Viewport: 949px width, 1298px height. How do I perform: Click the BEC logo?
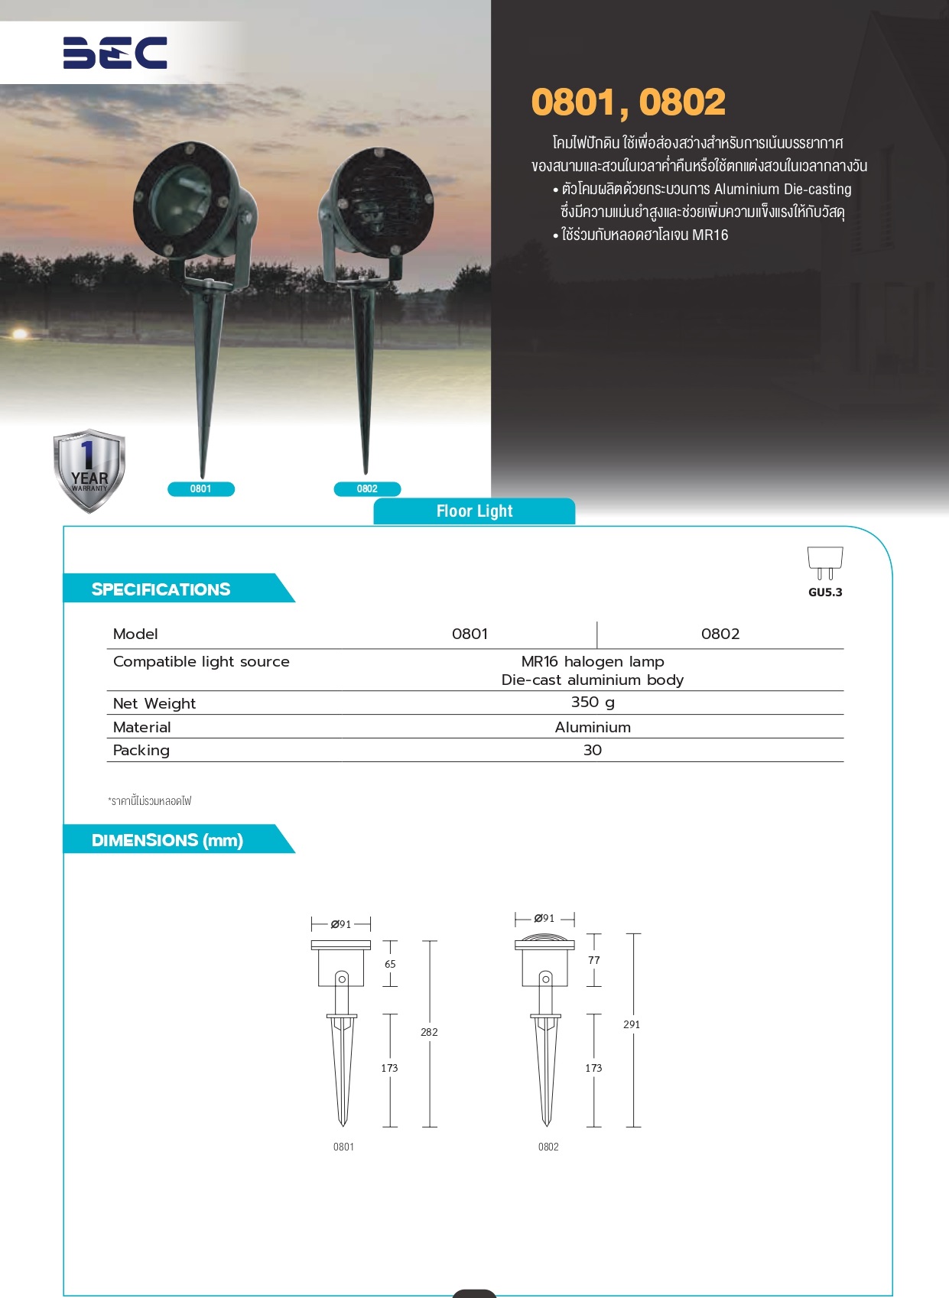[115, 53]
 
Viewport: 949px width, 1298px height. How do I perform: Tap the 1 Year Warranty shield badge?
[89, 471]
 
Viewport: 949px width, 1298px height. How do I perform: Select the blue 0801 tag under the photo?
[200, 489]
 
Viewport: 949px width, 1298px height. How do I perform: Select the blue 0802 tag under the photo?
[367, 489]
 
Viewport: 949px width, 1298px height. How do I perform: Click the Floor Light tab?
[474, 511]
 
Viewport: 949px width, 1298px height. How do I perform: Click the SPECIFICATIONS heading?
[161, 589]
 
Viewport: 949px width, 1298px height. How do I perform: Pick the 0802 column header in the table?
[720, 634]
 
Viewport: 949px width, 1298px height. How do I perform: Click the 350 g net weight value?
[593, 702]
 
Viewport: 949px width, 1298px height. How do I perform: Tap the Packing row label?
[141, 750]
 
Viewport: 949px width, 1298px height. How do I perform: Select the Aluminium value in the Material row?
[593, 727]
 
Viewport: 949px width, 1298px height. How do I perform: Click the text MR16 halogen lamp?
[593, 661]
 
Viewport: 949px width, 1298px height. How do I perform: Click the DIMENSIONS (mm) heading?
[167, 840]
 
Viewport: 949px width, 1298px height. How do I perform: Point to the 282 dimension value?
[429, 1032]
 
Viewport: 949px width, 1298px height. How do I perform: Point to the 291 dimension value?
[632, 1024]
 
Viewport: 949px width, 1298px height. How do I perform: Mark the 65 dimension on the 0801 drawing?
[390, 964]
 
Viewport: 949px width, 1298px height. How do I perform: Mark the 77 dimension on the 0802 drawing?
[594, 960]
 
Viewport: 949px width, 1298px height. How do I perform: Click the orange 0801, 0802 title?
[628, 102]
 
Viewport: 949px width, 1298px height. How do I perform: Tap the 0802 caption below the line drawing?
[548, 1147]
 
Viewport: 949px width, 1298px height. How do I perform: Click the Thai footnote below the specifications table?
[150, 801]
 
